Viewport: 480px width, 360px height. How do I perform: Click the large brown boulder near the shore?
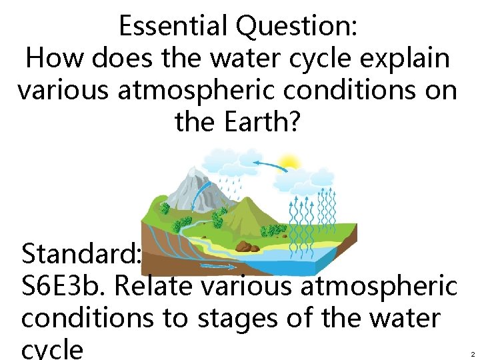pyautogui.click(x=247, y=247)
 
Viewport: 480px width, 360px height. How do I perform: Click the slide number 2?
pyautogui.click(x=471, y=354)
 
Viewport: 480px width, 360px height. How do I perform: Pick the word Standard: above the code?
pyautogui.click(x=81, y=254)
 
